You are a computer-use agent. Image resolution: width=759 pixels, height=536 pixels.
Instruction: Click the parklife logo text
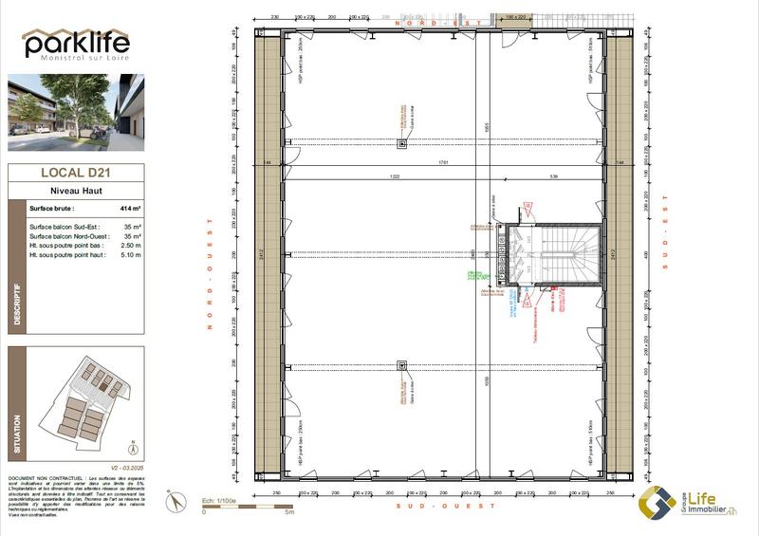75,44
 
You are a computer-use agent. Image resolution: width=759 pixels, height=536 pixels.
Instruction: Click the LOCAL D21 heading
75,173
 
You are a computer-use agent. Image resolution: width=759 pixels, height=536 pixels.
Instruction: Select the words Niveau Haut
76,191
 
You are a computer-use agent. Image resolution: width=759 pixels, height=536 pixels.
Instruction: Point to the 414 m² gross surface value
130,208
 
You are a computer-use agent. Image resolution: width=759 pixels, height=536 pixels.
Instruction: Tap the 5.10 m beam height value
130,255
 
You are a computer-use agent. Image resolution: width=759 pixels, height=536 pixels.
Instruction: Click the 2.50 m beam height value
130,246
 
